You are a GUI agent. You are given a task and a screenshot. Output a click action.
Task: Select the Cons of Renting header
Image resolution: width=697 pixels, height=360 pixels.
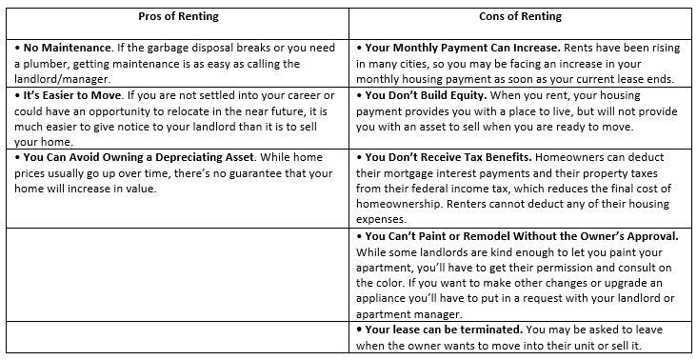(521, 17)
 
